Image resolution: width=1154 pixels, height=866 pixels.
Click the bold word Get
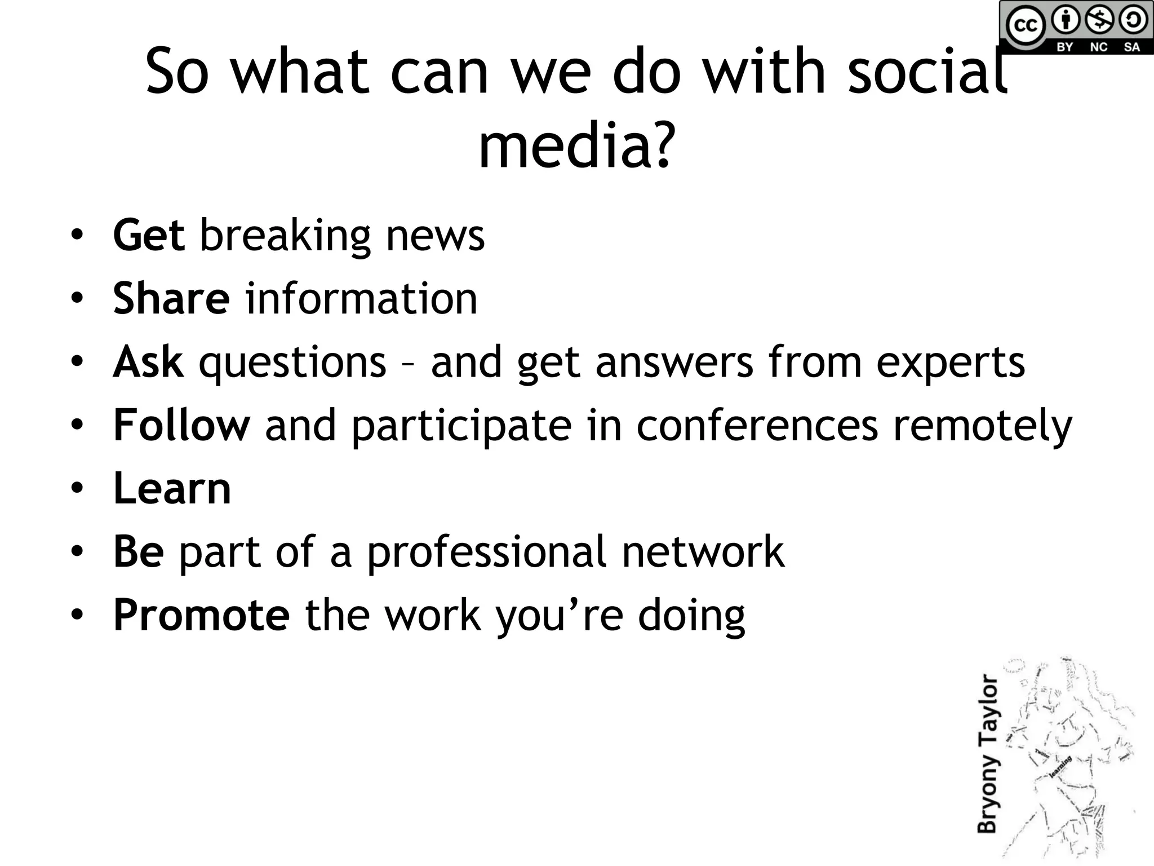[x=148, y=235]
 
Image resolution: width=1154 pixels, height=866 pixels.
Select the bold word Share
[x=171, y=298]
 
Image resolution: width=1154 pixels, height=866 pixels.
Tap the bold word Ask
[x=148, y=361]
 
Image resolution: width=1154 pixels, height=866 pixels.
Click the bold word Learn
[x=172, y=488]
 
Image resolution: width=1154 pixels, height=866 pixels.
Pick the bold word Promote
[x=201, y=615]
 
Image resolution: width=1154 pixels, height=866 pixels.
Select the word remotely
[x=983, y=426]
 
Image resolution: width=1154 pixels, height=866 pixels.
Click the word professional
[x=486, y=551]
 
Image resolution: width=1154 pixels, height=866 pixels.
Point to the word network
[x=703, y=551]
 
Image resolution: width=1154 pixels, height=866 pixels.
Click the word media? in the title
[x=576, y=147]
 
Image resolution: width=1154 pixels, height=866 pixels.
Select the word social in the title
[x=927, y=72]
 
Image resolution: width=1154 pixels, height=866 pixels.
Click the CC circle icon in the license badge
[x=1025, y=26]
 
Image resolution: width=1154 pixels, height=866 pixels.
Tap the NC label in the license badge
[x=1098, y=47]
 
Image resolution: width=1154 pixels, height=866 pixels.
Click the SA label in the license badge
[x=1131, y=47]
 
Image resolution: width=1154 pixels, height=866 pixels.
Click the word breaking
[x=285, y=236]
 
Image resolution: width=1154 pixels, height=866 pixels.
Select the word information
[x=361, y=298]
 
